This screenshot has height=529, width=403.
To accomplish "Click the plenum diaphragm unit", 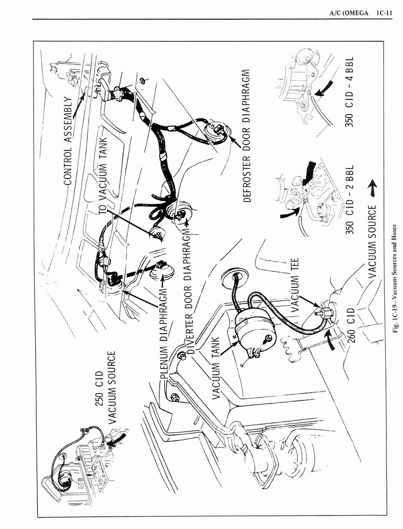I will pyautogui.click(x=161, y=271).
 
